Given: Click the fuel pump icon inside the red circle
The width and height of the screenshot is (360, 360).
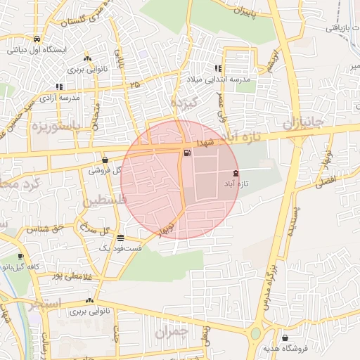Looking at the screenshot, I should click(x=186, y=153).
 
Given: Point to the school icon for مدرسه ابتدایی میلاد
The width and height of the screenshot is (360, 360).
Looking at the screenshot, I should click(x=218, y=69).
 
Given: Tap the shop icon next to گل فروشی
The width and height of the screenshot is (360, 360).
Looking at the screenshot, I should click(x=105, y=160).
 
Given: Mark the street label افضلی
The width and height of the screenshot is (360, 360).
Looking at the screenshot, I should click(x=330, y=181).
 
